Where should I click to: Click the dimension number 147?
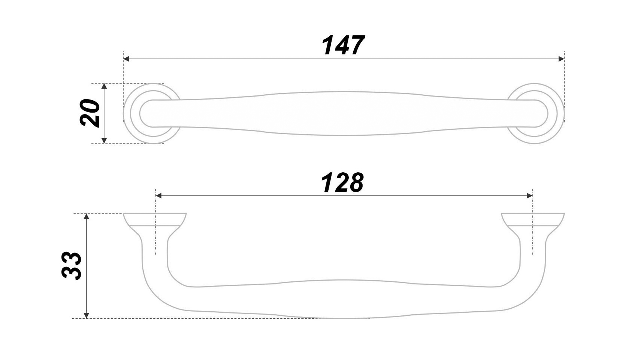click(x=343, y=45)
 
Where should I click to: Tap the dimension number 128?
click(x=342, y=183)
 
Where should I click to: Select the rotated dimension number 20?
click(x=90, y=113)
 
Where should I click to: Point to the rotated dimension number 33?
click(x=72, y=266)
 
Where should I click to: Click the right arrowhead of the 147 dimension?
click(x=561, y=59)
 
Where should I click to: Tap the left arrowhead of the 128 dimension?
click(x=159, y=196)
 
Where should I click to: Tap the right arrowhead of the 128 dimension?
click(x=529, y=196)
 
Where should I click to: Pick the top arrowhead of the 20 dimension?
click(x=104, y=86)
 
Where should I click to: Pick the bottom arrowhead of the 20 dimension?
click(x=104, y=141)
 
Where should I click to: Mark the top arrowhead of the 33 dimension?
click(x=86, y=216)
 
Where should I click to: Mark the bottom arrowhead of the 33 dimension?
click(x=86, y=315)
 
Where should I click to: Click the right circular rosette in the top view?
click(x=554, y=113)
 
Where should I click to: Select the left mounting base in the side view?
click(x=155, y=220)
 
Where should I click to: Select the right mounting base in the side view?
click(x=533, y=220)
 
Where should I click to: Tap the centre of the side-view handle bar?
click(x=343, y=299)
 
